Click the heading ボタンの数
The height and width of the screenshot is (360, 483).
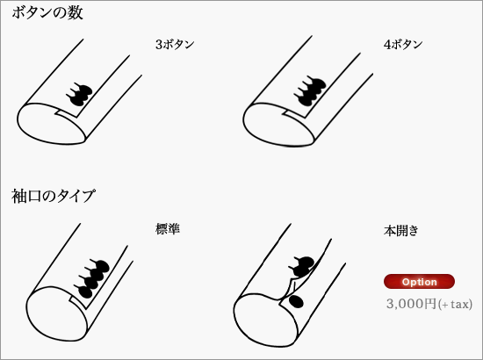[x=47, y=13]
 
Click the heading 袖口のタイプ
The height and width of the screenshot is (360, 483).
[x=53, y=196]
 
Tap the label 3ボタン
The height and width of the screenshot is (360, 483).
[x=175, y=45]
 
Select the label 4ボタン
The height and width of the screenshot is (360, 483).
[x=403, y=45]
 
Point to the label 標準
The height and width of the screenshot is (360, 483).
[x=168, y=229]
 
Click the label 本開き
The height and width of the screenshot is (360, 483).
[x=401, y=230]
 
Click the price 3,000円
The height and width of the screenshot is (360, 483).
[x=412, y=304]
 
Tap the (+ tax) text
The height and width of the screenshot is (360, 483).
[x=455, y=305]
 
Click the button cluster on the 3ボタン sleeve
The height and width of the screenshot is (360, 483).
[x=79, y=94]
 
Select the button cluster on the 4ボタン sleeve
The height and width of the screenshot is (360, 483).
[x=310, y=90]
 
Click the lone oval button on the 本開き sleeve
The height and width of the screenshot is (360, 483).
[x=296, y=301]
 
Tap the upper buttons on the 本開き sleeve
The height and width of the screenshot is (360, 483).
[x=302, y=266]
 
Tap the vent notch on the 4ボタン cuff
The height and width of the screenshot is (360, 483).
[x=295, y=113]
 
